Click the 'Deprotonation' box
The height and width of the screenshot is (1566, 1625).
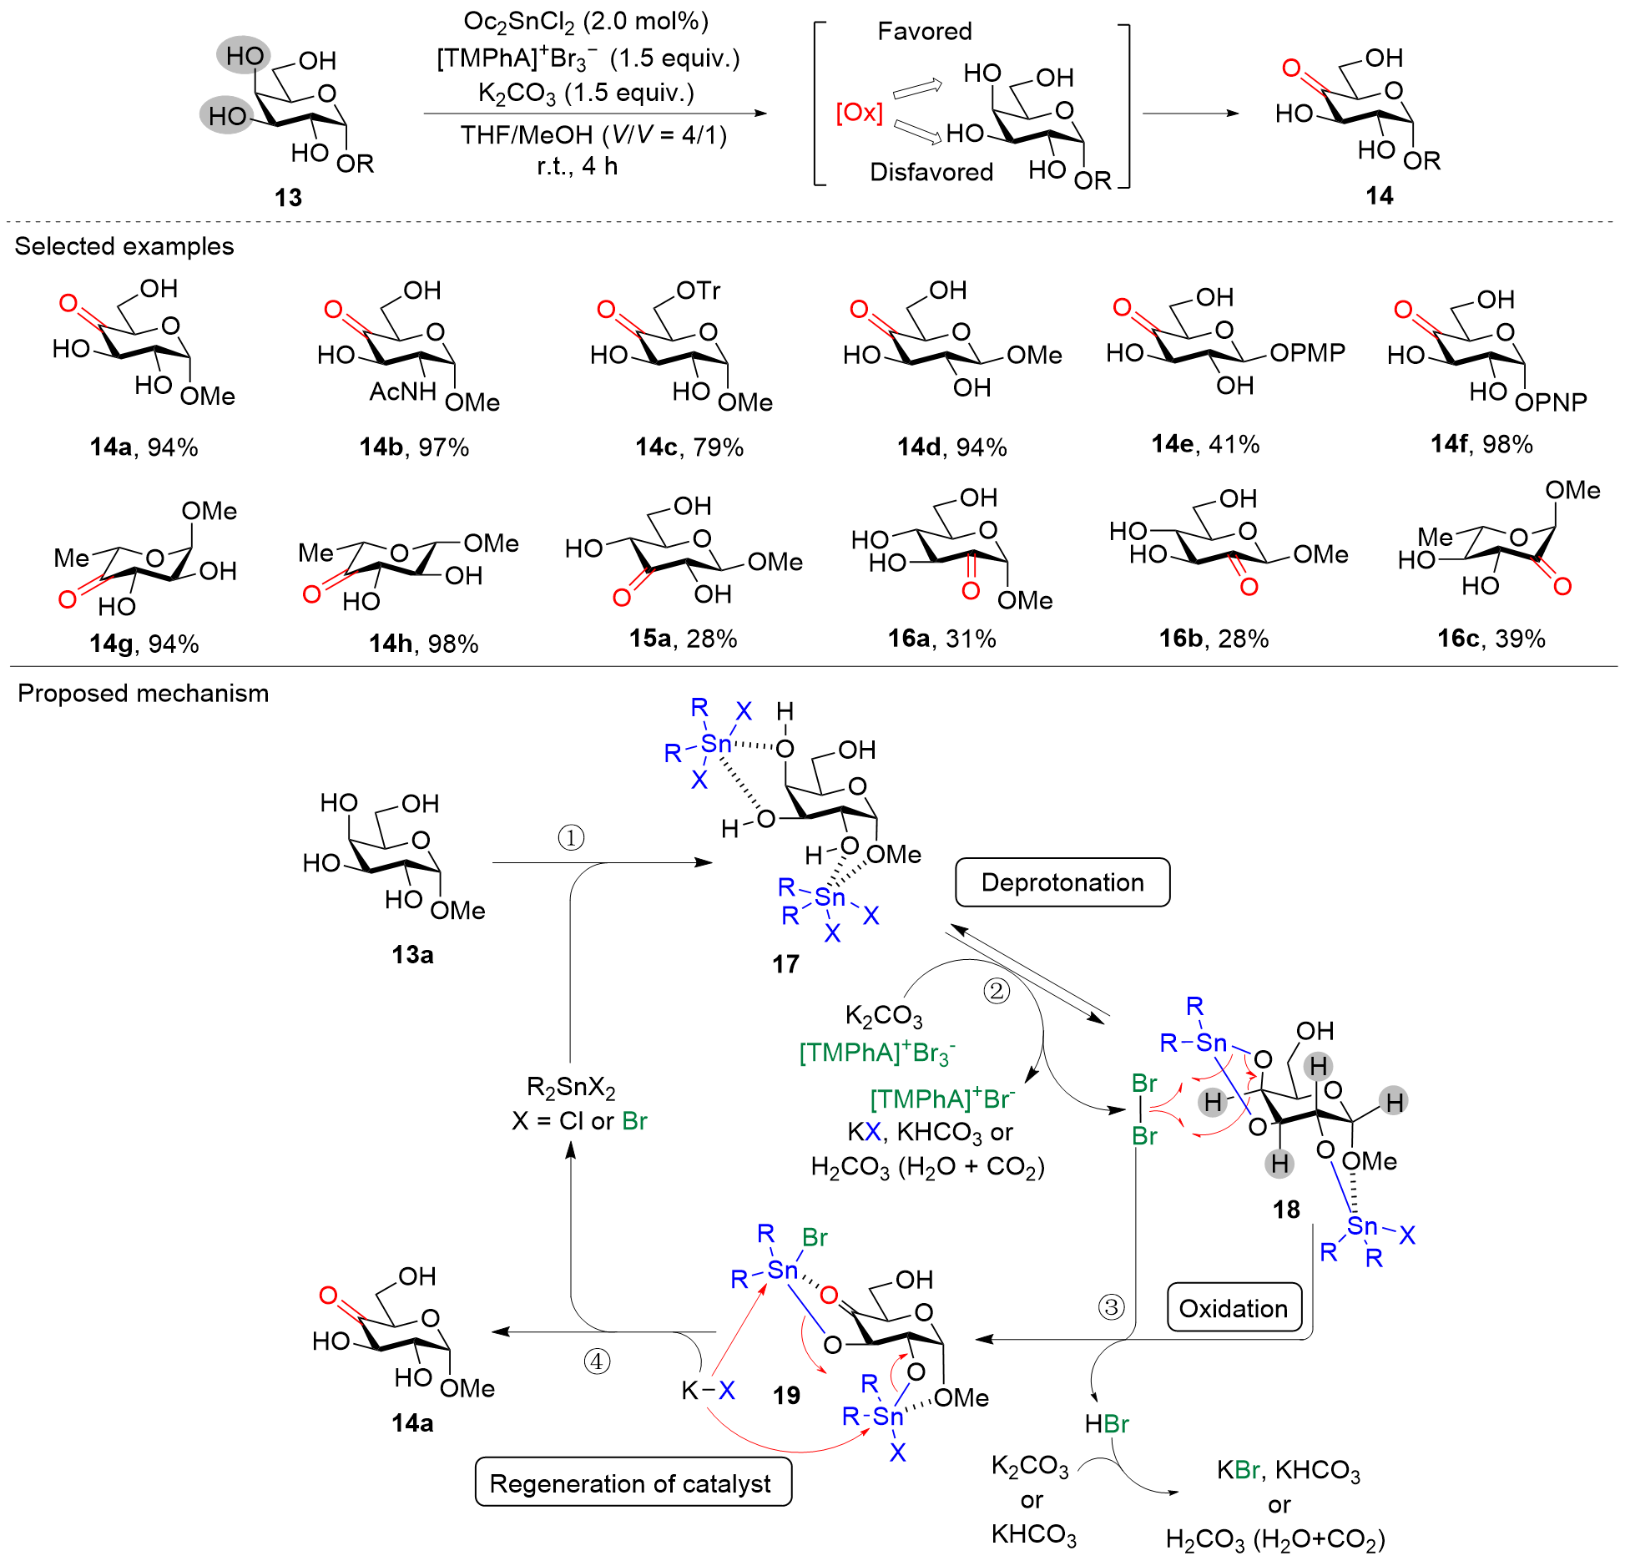[1062, 882]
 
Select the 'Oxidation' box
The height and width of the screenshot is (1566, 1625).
[1233, 1308]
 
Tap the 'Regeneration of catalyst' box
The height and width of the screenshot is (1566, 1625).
[633, 1483]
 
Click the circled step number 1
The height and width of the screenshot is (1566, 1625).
[571, 837]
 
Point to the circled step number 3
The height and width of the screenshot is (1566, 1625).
[1111, 1306]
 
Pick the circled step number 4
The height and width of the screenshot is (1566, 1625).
[597, 1361]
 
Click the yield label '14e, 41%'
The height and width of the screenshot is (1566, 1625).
[1205, 444]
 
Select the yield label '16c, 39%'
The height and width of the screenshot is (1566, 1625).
[1491, 639]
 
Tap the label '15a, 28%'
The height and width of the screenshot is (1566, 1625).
[683, 639]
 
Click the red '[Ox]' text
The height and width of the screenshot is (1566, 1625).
[859, 112]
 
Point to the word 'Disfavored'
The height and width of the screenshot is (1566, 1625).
[931, 172]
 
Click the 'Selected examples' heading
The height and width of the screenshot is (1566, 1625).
[124, 246]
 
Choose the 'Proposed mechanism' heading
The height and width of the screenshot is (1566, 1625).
[144, 694]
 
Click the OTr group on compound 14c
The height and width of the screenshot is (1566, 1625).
[699, 290]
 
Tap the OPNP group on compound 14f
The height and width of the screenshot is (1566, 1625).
[1551, 402]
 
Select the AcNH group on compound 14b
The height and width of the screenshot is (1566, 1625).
[403, 391]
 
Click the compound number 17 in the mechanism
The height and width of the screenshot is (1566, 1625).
[785, 964]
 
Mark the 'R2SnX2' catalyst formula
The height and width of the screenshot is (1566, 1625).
[571, 1087]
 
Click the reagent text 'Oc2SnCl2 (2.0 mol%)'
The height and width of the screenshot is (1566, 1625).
[586, 22]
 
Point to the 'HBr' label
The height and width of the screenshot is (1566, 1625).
[1107, 1424]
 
